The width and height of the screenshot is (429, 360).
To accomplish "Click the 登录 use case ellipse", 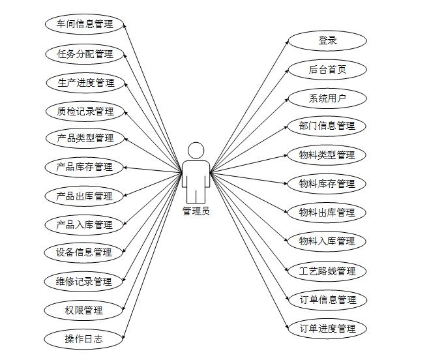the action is point(327,40).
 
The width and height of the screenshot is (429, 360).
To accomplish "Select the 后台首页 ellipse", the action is point(327,69).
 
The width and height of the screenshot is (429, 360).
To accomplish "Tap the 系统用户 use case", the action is point(327,98).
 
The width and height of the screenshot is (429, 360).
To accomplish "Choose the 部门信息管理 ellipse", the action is point(327,126).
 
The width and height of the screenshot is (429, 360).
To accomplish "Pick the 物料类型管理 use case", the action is point(327,155).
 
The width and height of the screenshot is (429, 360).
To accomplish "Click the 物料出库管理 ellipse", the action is point(327,213).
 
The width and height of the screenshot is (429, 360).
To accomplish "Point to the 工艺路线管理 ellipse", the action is point(327,271).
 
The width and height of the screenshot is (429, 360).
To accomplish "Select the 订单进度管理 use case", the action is point(327,328).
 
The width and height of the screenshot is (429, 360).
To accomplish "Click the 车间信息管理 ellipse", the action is point(84,25).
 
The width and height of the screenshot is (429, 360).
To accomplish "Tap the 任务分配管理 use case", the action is point(84,53).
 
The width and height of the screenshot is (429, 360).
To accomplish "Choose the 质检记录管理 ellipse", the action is point(84,111).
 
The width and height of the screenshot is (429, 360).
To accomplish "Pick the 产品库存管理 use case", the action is point(84,167).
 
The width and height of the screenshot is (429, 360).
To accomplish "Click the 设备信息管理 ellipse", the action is point(84,252).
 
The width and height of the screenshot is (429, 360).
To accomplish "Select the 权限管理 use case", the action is point(84,310).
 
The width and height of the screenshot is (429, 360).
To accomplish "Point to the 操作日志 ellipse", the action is point(84,339).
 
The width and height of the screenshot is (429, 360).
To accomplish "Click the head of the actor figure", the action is point(196,151).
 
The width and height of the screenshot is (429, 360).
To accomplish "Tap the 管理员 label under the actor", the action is point(196,211).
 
